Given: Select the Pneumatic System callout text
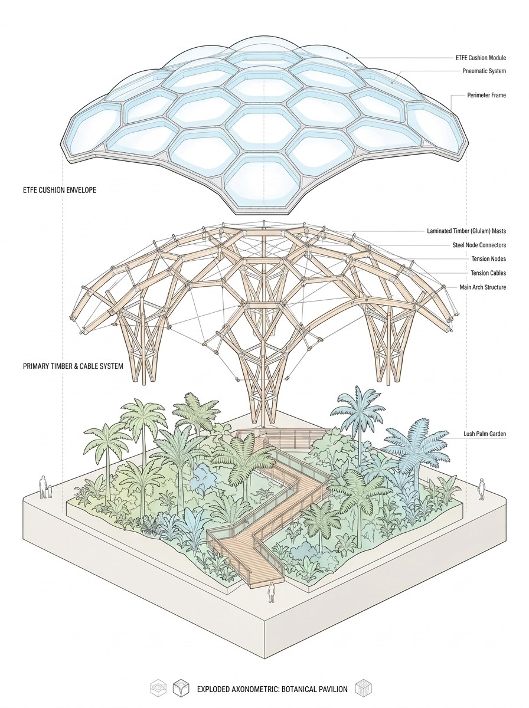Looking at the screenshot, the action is tap(484, 71).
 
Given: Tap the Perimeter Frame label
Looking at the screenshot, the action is tap(486, 95).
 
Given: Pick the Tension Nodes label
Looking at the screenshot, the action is tap(488, 259).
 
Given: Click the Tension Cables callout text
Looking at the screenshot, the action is tap(488, 273).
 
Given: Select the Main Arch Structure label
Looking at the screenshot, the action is tap(483, 287).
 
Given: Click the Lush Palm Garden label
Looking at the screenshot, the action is tap(485, 434).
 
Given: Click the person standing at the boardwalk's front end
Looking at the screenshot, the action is tap(272, 592).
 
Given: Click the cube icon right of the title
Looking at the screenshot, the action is tap(363, 688).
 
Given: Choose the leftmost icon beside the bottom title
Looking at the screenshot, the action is tap(158, 688).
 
